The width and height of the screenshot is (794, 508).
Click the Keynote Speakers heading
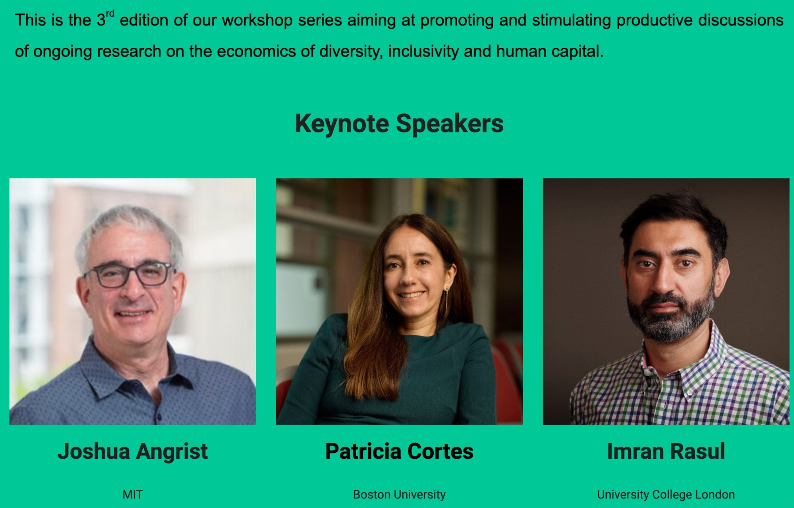point(399,124)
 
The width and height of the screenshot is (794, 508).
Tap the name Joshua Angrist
point(133,452)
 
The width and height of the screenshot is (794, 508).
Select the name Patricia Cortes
point(399,452)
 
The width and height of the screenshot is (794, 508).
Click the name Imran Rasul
point(666,452)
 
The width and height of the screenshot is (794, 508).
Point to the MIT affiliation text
point(133,494)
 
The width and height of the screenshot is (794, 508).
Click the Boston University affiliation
point(399,495)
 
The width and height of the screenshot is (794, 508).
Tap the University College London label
point(666,495)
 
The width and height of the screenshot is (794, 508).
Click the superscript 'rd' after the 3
point(110,14)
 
